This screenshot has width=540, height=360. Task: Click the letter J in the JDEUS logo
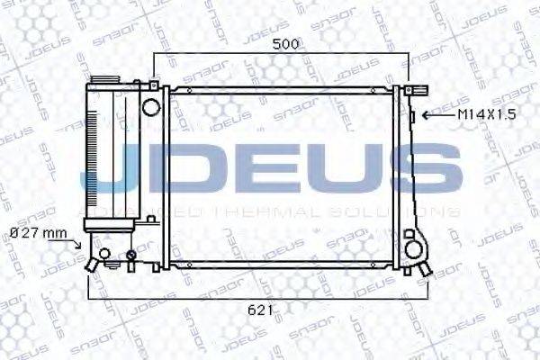[112, 175]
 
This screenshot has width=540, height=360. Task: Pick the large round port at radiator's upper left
[150, 106]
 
